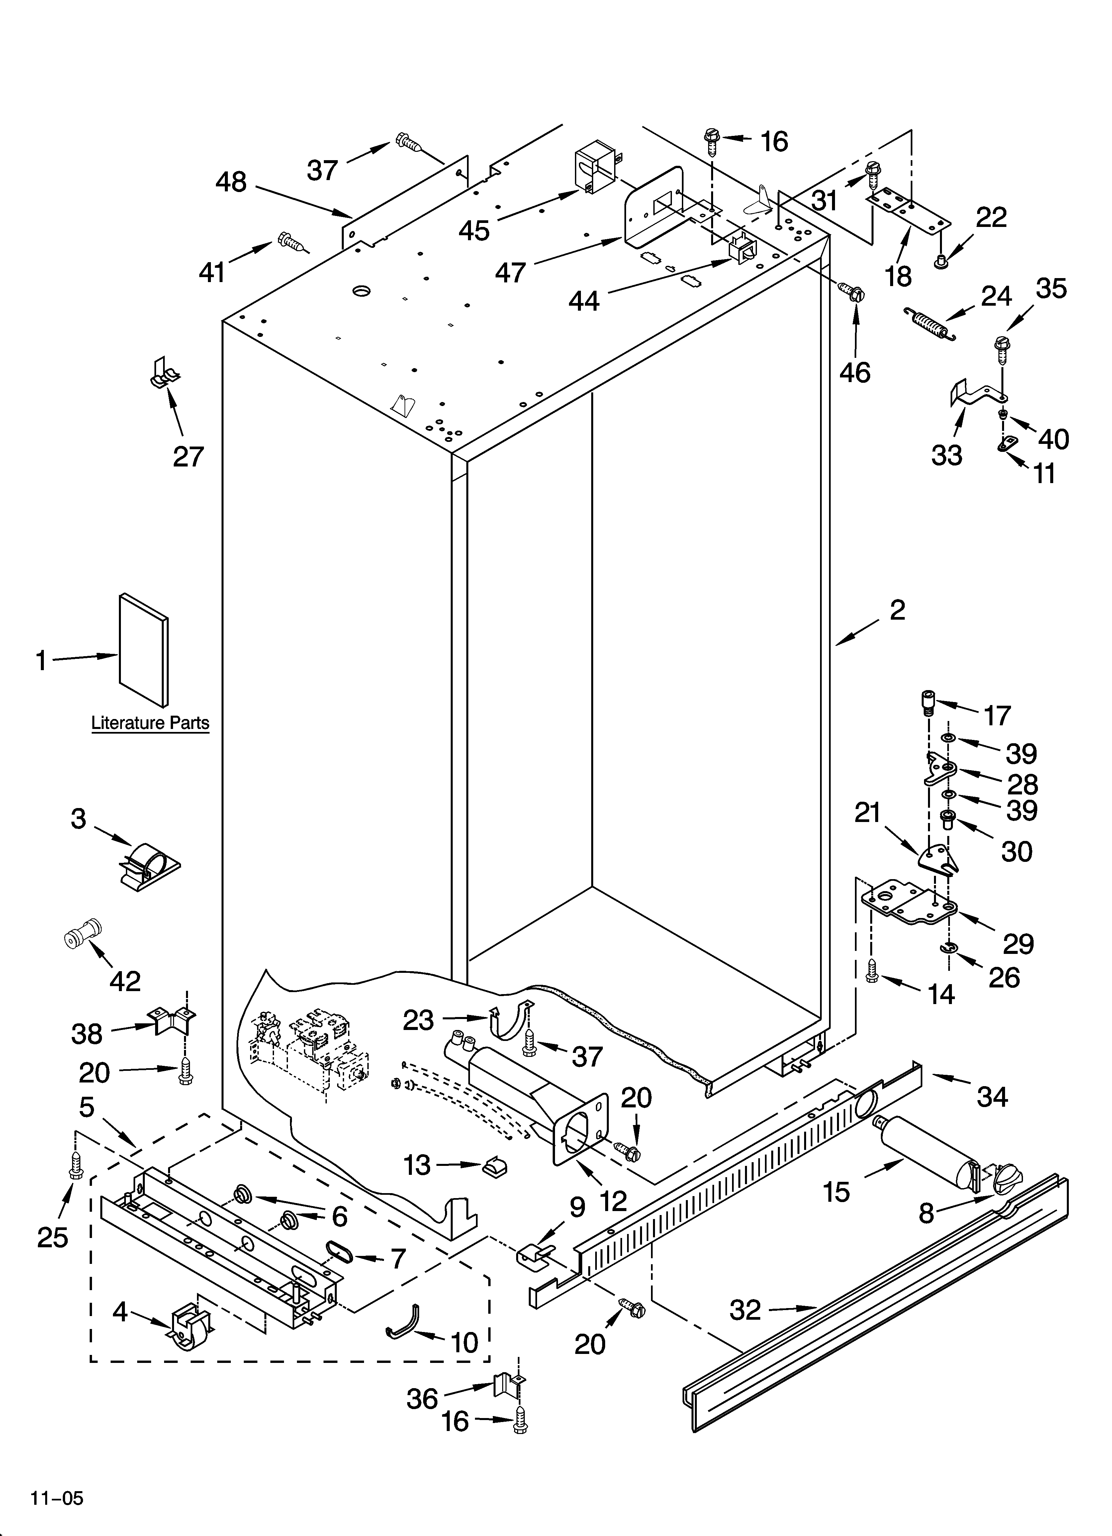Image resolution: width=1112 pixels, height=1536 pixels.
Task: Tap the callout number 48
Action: pyautogui.click(x=231, y=182)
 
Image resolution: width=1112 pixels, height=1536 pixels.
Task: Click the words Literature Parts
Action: pyautogui.click(x=150, y=723)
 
